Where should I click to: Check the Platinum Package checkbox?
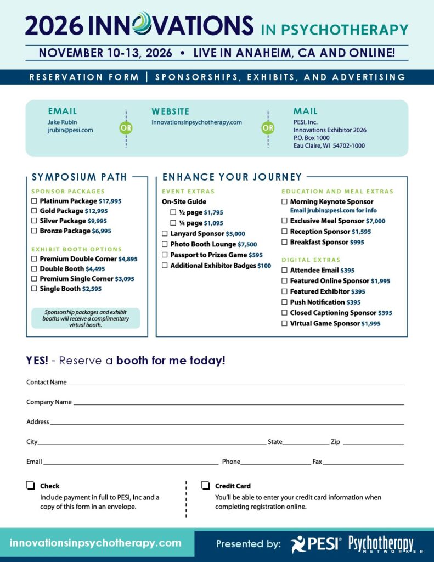(x=34, y=201)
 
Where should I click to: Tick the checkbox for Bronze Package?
(x=34, y=231)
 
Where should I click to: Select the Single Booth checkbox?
(x=34, y=289)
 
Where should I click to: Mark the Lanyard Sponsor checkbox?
(x=165, y=234)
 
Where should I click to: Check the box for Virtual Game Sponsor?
(x=284, y=324)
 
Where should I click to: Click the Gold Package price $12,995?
(x=96, y=211)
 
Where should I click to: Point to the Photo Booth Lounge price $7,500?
(x=247, y=244)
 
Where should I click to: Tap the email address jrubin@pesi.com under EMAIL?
(x=70, y=130)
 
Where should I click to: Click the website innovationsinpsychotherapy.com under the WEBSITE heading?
(x=196, y=122)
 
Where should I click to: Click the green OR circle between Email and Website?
(x=126, y=128)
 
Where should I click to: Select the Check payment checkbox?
(x=31, y=485)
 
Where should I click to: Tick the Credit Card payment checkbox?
(x=206, y=485)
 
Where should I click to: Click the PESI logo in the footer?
(x=316, y=543)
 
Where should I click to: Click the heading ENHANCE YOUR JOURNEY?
(x=232, y=177)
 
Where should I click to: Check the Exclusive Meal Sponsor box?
(x=284, y=221)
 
